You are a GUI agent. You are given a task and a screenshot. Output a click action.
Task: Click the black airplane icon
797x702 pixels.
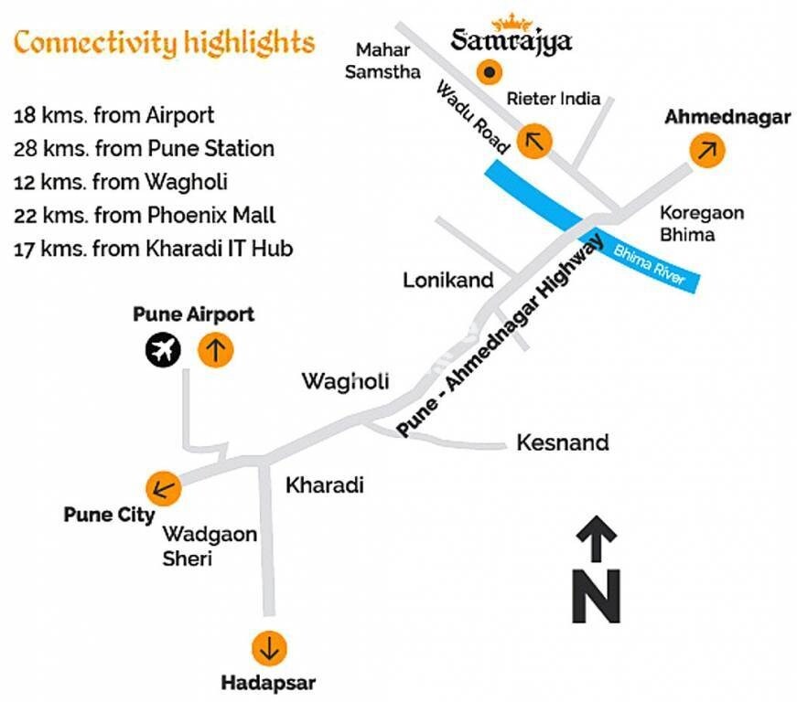165,350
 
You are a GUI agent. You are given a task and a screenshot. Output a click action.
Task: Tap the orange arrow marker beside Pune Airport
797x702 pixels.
215,350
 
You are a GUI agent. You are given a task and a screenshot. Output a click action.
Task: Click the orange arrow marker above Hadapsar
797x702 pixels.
270,648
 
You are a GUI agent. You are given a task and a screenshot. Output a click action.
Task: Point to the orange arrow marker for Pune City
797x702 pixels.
164,487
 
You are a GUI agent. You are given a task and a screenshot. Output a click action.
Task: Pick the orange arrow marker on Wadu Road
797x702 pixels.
535,142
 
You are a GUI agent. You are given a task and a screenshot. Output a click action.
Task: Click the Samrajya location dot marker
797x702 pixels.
490,72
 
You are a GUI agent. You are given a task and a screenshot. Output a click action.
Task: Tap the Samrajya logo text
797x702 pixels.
512,40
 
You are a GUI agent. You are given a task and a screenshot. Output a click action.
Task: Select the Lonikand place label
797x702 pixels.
448,280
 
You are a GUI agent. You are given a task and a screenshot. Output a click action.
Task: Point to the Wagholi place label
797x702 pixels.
346,380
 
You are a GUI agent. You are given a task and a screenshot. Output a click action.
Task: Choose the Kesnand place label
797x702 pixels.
563,443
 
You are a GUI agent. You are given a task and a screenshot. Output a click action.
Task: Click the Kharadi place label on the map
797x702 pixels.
325,484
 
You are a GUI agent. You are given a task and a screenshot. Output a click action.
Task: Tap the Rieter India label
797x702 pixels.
554,99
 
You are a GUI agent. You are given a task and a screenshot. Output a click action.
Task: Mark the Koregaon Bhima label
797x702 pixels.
702,223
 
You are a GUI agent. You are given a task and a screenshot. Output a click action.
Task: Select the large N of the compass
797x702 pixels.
596,595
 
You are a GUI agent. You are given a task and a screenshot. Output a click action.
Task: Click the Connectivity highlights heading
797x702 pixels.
165,42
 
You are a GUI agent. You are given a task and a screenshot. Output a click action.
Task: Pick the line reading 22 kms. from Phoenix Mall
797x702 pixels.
145,216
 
